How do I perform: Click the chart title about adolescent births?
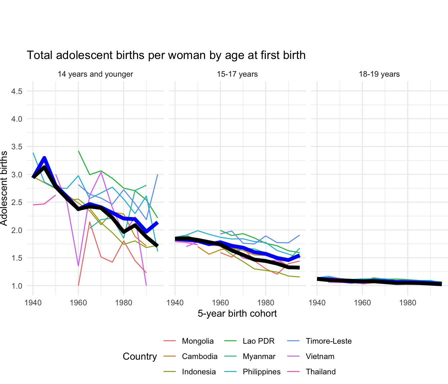click(166, 55)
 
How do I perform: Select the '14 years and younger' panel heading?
click(95, 74)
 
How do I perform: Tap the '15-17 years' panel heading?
click(237, 74)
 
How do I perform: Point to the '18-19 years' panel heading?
click(379, 74)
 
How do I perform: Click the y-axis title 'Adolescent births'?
click(4, 188)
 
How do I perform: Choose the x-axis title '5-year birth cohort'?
click(237, 314)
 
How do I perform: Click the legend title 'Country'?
click(140, 357)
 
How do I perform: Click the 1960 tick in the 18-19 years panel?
click(362, 303)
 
